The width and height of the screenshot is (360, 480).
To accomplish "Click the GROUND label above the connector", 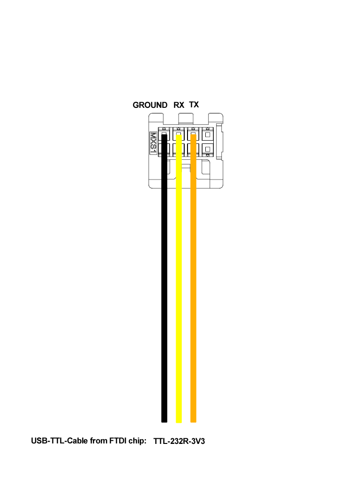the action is [x=150, y=105].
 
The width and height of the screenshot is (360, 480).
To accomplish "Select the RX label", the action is [x=179, y=105].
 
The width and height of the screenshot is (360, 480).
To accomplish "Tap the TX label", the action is [x=194, y=105].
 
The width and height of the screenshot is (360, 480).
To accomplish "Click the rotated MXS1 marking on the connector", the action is [x=153, y=143].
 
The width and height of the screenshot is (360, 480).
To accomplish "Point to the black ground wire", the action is [x=165, y=278].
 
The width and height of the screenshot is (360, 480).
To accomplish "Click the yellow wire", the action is [x=179, y=278].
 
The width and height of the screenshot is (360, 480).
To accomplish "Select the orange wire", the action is [x=193, y=278].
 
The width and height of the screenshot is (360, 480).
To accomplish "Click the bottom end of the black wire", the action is [x=165, y=422].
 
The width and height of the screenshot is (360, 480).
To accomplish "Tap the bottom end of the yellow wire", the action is [x=179, y=423].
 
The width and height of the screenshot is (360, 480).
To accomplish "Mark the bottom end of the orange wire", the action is [x=193, y=422].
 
